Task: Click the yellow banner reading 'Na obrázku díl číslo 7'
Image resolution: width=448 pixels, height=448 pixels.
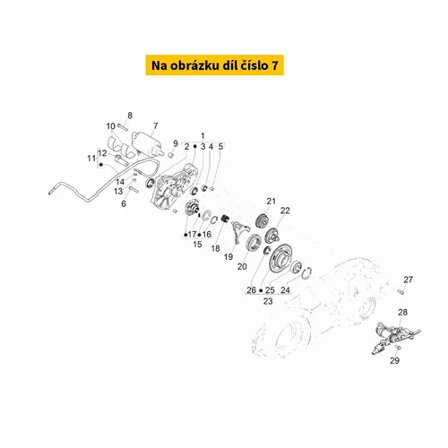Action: coord(214,65)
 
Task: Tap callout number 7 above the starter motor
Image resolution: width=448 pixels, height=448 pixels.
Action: coord(155,125)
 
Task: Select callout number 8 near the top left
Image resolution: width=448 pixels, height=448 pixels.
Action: coord(130,116)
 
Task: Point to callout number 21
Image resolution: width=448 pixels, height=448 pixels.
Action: coord(271,202)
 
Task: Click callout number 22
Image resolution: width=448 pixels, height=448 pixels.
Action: coord(285,211)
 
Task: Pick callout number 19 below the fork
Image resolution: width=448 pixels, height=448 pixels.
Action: coord(228,257)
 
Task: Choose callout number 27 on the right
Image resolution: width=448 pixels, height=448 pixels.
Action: coord(408,280)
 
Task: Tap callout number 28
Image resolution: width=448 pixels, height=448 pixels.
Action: coord(402,313)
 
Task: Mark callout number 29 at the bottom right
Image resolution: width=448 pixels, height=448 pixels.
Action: coord(394,360)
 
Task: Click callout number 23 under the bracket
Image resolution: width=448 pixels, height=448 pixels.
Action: coord(268,301)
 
